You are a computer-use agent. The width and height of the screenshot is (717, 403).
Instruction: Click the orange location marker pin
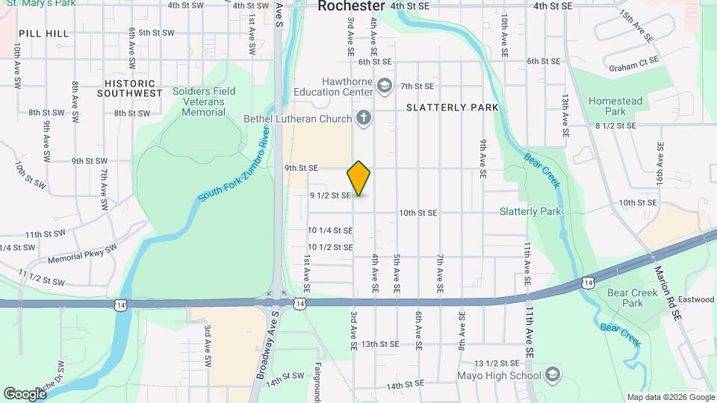(359, 178)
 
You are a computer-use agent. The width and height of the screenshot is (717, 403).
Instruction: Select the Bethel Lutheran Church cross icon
(363, 117)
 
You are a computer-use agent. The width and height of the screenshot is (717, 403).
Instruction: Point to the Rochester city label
(352, 6)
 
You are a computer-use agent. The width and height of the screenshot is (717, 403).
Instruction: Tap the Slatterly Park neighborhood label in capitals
(452, 107)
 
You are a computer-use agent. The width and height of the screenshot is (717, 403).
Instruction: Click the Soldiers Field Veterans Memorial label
(204, 101)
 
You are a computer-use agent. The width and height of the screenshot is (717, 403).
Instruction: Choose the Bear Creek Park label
(633, 298)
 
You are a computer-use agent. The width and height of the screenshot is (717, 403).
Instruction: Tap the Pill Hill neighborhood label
(44, 34)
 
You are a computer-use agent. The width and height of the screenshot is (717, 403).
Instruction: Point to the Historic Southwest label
(130, 89)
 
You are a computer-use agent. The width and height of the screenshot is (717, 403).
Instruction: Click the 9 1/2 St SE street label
(330, 196)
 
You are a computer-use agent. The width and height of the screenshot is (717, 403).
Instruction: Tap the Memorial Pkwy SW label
(82, 254)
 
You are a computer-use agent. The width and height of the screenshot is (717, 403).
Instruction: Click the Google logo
(25, 393)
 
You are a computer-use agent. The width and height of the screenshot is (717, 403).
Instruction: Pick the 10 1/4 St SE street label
(330, 231)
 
